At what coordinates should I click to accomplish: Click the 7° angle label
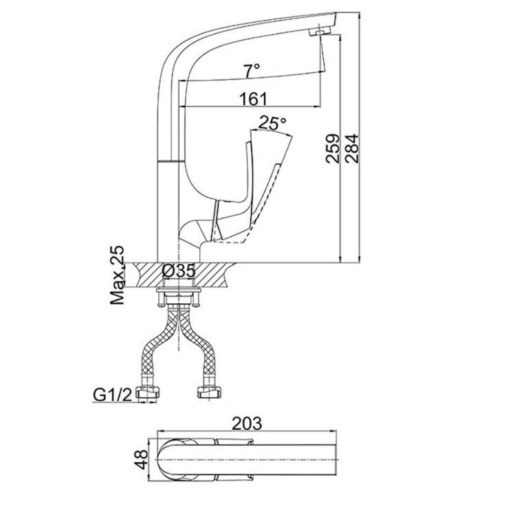click(x=252, y=69)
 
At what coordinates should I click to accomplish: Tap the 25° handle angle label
click(x=272, y=124)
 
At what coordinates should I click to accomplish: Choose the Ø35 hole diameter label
click(x=178, y=271)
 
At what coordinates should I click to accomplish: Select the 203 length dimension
click(x=247, y=423)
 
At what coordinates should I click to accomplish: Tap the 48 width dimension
click(x=140, y=459)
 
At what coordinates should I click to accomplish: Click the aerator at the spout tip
click(x=320, y=32)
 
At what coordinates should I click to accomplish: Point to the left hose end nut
click(x=150, y=393)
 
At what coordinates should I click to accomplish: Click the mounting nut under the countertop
click(x=179, y=296)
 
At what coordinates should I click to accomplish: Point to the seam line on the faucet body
click(x=170, y=161)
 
